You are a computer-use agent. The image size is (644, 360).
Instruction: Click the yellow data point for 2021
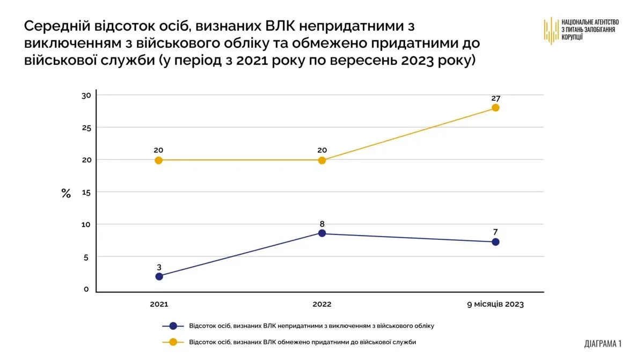(x=159, y=160)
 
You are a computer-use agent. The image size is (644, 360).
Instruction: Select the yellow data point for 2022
(x=322, y=160)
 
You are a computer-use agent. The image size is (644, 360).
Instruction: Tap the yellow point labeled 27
(x=495, y=107)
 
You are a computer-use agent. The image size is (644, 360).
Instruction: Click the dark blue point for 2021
(x=159, y=276)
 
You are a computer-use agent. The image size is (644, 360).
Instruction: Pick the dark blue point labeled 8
(x=322, y=233)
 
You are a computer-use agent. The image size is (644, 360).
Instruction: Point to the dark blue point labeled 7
(x=495, y=242)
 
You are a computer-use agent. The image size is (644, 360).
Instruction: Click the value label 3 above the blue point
(x=159, y=267)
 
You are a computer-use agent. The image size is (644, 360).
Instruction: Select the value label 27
(x=495, y=98)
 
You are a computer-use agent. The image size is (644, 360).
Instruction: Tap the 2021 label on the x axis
(x=159, y=304)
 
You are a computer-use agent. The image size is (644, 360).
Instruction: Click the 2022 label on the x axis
(x=322, y=304)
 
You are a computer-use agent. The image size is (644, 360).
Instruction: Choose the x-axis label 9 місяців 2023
(x=495, y=304)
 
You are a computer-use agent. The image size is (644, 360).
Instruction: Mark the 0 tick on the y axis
(x=86, y=290)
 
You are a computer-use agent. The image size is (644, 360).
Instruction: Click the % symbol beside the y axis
(x=66, y=194)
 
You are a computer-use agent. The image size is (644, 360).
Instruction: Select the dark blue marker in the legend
(x=173, y=326)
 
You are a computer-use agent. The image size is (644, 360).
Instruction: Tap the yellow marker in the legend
(x=173, y=342)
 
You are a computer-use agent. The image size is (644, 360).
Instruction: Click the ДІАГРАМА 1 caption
(x=603, y=343)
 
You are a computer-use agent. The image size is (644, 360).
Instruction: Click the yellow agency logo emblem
(x=551, y=31)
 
